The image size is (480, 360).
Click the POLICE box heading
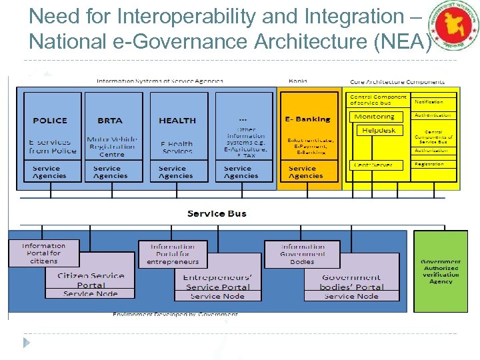[50, 121]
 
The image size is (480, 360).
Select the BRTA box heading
[110, 121]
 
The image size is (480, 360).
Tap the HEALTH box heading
[177, 121]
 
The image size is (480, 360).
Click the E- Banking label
[308, 119]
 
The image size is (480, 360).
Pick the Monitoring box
[376, 117]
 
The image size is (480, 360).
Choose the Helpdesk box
[379, 131]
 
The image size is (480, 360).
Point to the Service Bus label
[217, 213]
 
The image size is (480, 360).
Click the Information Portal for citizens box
[44, 253]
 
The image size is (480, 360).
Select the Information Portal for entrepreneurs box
[173, 254]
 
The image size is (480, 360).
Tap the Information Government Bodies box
[303, 254]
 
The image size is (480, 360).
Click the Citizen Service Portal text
[91, 280]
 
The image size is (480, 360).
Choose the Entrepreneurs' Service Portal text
[217, 282]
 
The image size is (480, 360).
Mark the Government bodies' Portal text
[351, 282]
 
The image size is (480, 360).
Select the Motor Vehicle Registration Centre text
[111, 147]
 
